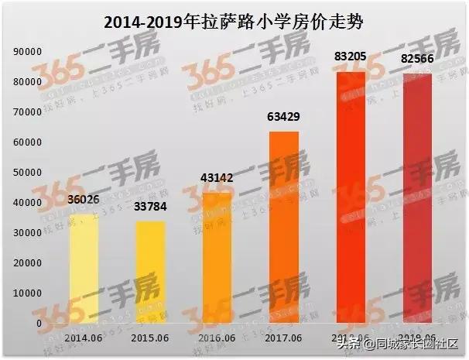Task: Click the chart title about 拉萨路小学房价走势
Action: [234, 23]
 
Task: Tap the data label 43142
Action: [217, 178]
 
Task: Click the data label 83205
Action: [350, 57]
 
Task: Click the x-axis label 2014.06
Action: [84, 338]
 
